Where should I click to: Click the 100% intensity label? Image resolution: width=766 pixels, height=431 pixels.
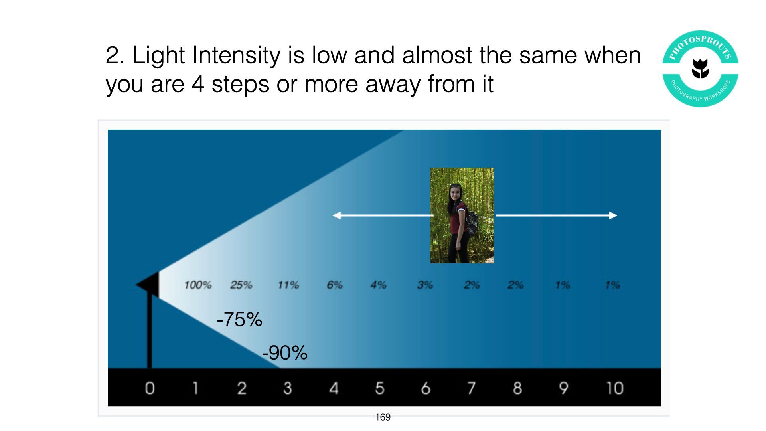click(198, 285)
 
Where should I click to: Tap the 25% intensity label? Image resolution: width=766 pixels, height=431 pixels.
click(241, 285)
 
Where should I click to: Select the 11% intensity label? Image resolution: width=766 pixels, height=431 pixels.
click(288, 285)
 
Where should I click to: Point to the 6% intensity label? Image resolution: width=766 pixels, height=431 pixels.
click(335, 285)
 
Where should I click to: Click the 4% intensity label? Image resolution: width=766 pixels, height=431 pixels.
click(379, 285)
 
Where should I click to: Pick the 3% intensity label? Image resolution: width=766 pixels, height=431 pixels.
click(425, 285)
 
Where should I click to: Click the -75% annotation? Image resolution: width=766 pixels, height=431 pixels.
click(239, 319)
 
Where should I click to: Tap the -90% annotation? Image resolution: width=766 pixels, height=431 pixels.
click(285, 353)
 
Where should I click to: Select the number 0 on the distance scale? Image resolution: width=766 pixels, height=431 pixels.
click(150, 388)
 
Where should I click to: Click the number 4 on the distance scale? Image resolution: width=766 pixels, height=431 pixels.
click(334, 388)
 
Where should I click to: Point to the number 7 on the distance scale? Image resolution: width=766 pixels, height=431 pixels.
click(472, 388)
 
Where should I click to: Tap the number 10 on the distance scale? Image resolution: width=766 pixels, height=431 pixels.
click(615, 388)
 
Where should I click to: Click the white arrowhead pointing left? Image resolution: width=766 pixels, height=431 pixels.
click(337, 215)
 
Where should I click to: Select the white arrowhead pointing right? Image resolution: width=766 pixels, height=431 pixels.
click(613, 215)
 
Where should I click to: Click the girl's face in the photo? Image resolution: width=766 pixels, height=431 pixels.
click(455, 194)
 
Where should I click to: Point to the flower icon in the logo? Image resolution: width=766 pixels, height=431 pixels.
click(700, 69)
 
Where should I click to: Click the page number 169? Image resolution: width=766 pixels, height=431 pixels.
click(383, 417)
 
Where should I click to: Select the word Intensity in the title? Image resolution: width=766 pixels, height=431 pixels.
click(236, 55)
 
